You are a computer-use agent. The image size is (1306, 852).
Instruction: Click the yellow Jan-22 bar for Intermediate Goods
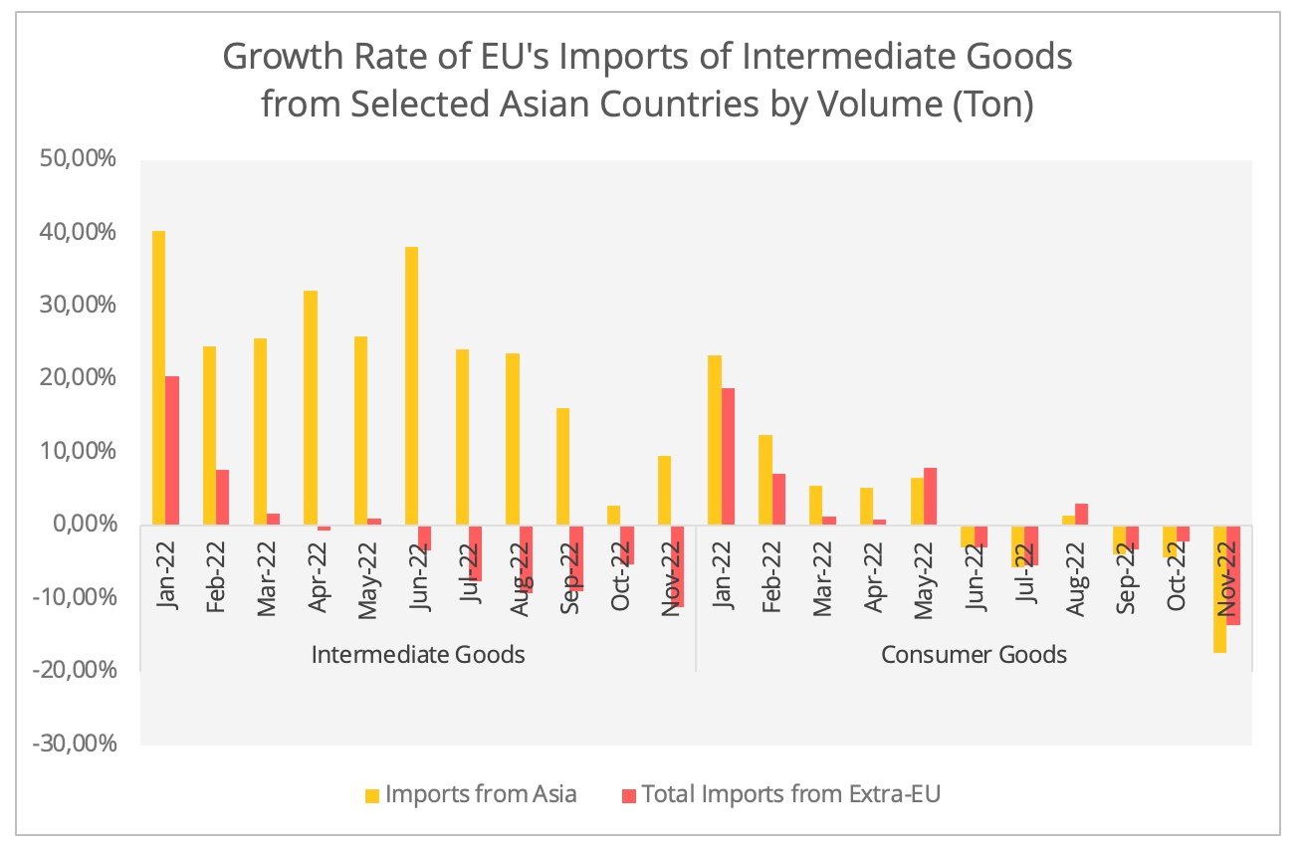159,378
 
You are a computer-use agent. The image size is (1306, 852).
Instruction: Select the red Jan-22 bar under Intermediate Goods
172,450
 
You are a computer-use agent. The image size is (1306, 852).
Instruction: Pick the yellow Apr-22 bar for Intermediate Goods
311,407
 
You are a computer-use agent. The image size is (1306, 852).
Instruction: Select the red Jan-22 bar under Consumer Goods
728,456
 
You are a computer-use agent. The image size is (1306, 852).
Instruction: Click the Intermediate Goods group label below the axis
418,655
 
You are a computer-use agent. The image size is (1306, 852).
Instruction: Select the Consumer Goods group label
974,655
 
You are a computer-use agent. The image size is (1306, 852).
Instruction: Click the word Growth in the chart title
287,58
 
